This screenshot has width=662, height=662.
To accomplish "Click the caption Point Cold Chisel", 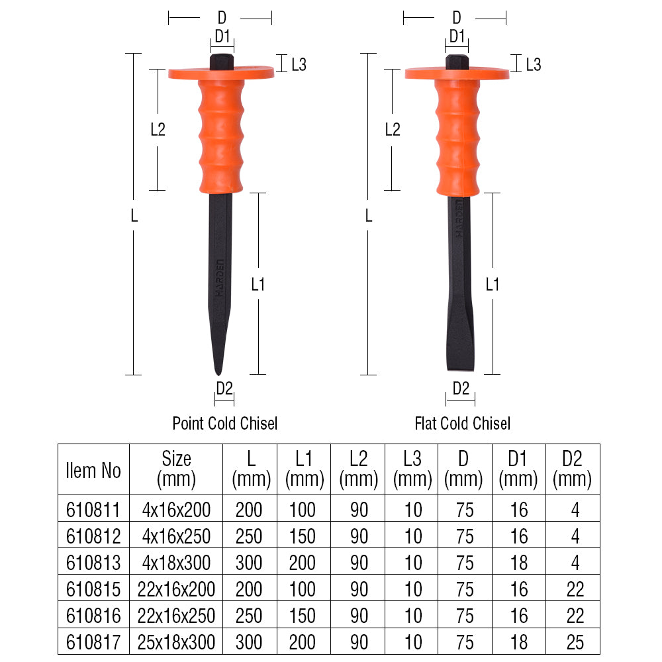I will pyautogui.click(x=225, y=423).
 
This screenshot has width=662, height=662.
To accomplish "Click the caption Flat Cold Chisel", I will pyautogui.click(x=463, y=423).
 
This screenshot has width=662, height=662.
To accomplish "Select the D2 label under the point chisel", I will pyautogui.click(x=224, y=389).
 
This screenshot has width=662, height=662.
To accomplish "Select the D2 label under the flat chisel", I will pyautogui.click(x=461, y=389).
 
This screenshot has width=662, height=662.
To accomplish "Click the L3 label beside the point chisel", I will pyautogui.click(x=299, y=65).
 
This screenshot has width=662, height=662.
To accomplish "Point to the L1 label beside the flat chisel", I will pyautogui.click(x=493, y=285).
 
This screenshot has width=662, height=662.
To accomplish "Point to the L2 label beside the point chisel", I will pyautogui.click(x=158, y=129).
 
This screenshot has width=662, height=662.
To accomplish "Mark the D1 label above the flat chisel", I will pyautogui.click(x=457, y=37).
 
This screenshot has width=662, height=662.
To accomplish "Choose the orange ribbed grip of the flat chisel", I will pyautogui.click(x=457, y=139).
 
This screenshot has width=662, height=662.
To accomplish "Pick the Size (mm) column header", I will pyautogui.click(x=176, y=469).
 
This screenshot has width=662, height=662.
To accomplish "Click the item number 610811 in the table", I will pyautogui.click(x=93, y=509).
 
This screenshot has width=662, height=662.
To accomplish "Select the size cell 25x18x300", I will pyautogui.click(x=176, y=642).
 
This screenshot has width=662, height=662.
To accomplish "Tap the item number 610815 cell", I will pyautogui.click(x=93, y=589).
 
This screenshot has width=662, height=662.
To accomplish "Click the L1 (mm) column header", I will pyautogui.click(x=305, y=469).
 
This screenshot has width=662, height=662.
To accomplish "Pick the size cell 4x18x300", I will pyautogui.click(x=176, y=563).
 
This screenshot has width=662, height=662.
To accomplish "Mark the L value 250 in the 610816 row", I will pyautogui.click(x=249, y=616).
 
